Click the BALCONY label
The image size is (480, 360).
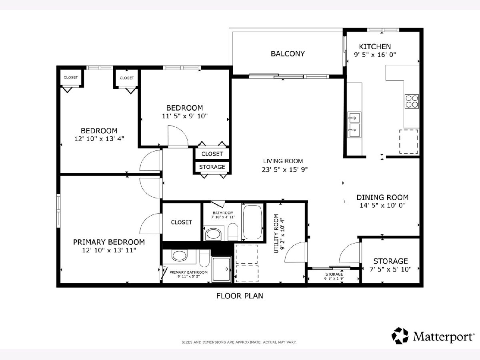coord(288,54)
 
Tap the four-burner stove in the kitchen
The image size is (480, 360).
coord(412,102)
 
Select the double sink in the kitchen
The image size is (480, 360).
coord(354,124)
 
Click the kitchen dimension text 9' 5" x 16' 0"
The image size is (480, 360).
coord(375,55)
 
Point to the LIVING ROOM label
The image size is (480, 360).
coord(283,161)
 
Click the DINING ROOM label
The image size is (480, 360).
coord(382,197)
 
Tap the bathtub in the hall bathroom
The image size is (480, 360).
coord(252,222)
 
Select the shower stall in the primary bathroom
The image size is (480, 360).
coord(221,269)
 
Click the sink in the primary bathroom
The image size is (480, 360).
coord(179,255)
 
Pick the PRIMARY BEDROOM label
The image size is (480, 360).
coord(109,242)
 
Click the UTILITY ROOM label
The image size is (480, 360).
coord(276,234)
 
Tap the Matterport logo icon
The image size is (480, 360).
coord(400,336)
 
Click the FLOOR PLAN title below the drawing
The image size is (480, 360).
coord(240,296)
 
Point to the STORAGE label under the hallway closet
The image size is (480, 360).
coord(212,167)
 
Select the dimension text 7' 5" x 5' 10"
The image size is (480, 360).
coord(390,269)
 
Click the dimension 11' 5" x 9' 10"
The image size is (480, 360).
coord(185,116)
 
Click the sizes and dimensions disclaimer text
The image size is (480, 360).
coord(239,342)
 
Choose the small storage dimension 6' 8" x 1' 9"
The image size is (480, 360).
coord(334,278)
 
